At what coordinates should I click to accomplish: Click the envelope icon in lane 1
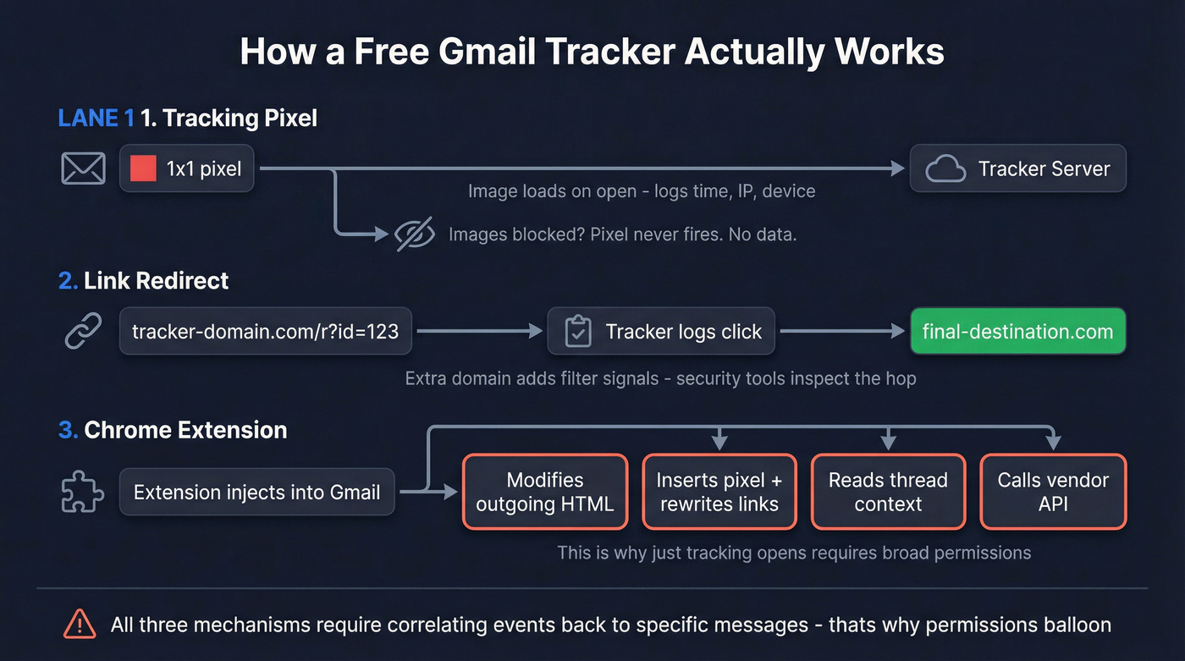[84, 168]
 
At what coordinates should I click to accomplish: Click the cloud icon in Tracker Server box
[945, 169]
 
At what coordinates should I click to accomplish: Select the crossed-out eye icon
[416, 234]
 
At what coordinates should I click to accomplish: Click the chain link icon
[84, 331]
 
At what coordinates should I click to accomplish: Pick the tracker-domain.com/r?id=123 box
[265, 332]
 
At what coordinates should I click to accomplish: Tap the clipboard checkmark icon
[578, 332]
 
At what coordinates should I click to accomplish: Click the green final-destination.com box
[1017, 331]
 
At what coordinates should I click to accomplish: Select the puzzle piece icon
[84, 492]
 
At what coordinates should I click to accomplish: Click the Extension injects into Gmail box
[256, 492]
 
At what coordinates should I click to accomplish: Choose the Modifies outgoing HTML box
[544, 492]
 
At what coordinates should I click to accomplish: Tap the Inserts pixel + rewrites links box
[719, 492]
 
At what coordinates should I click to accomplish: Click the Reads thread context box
[888, 492]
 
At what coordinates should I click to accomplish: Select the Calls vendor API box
[1053, 492]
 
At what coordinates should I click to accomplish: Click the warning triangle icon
[80, 625]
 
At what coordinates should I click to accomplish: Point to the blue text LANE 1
[96, 118]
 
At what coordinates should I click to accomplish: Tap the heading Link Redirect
[156, 280]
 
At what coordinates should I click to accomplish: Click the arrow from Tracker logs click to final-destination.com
[842, 332]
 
